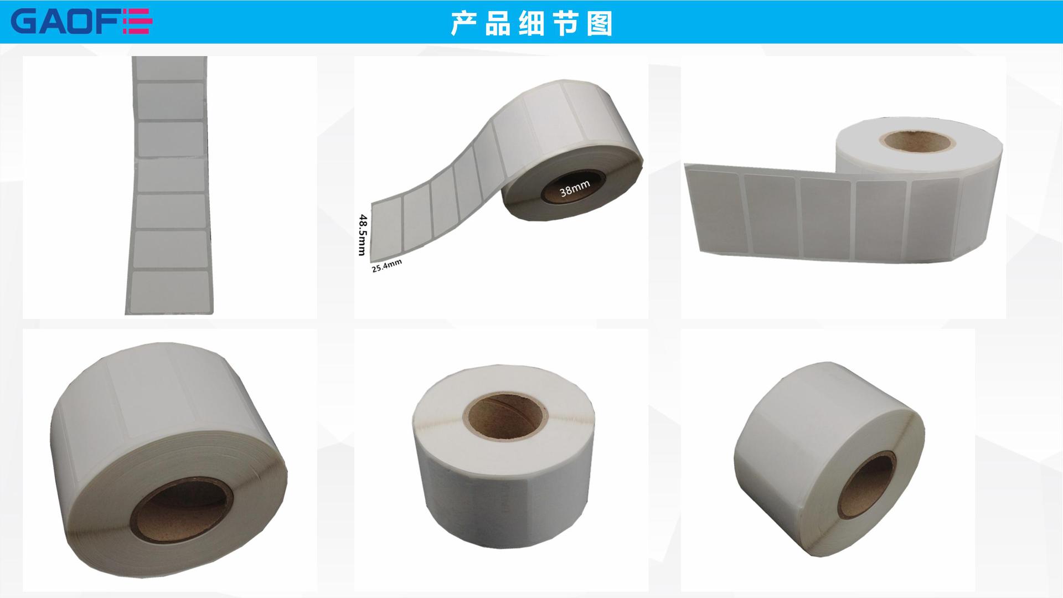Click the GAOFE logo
pyautogui.click(x=81, y=22)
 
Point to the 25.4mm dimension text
pyautogui.click(x=386, y=266)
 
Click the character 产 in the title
pyautogui.click(x=463, y=23)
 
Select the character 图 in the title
pyautogui.click(x=599, y=23)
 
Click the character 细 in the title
pyautogui.click(x=531, y=23)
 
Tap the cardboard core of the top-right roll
pyautogui.click(x=917, y=140)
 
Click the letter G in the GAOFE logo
pyautogui.click(x=24, y=22)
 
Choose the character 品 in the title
pyautogui.click(x=497, y=23)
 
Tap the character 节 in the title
pyautogui.click(x=565, y=23)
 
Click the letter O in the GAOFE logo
pyautogui.click(x=83, y=22)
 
